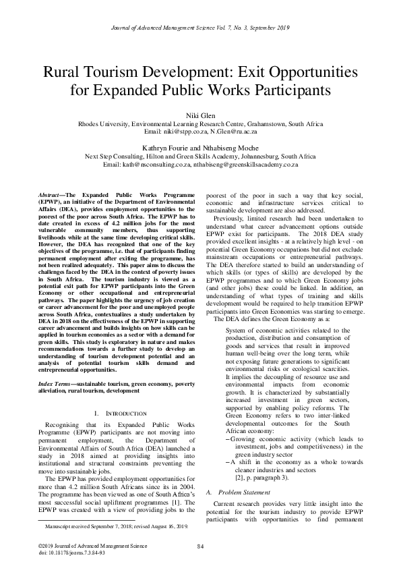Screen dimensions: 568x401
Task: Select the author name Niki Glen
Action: pyautogui.click(x=200, y=115)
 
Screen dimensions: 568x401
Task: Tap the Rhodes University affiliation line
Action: pyautogui.click(x=200, y=125)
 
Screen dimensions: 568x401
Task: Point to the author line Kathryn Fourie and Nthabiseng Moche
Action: pyautogui.click(x=200, y=147)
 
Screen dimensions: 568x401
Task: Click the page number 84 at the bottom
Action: pyautogui.click(x=200, y=546)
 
